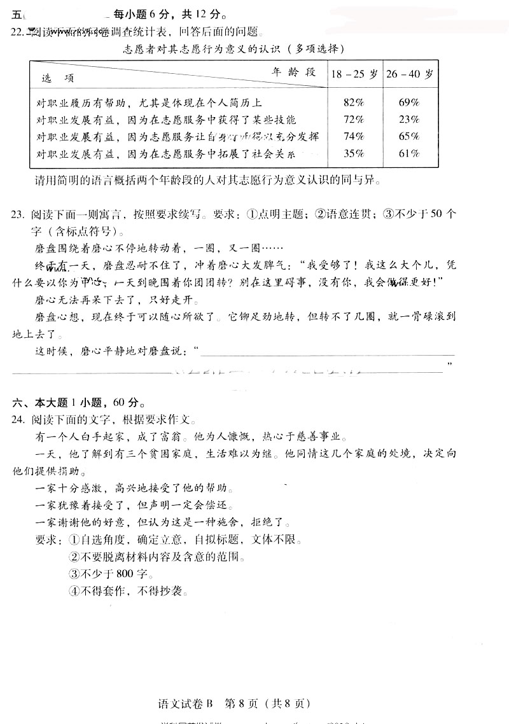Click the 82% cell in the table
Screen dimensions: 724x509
coord(353,102)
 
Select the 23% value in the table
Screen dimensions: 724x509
coord(409,120)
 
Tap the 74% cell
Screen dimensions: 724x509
coord(353,136)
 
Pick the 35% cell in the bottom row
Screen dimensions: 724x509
coord(353,153)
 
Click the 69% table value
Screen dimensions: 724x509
coord(409,102)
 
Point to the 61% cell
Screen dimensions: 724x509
coord(409,153)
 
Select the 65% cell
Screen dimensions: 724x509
coord(409,136)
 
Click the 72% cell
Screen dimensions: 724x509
coord(353,120)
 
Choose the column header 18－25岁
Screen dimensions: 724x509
coord(354,74)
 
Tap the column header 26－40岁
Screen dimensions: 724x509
coord(410,74)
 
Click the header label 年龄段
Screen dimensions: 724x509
coord(293,71)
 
